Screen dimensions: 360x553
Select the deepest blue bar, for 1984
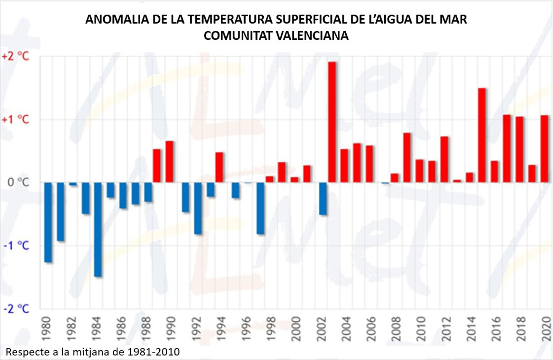point(98,229)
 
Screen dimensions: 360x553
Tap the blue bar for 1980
point(48,222)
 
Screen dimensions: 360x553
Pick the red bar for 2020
point(544,149)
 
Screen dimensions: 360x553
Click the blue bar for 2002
point(323,198)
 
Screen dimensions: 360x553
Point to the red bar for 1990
point(169,161)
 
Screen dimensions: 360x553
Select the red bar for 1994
point(219,167)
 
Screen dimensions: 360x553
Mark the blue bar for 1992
point(198,208)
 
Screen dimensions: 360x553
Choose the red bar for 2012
point(444,159)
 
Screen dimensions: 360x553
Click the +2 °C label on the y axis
point(16,56)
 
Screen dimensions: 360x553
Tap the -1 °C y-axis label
point(16,246)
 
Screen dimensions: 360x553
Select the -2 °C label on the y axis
point(16,309)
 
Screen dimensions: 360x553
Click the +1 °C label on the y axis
point(16,120)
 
